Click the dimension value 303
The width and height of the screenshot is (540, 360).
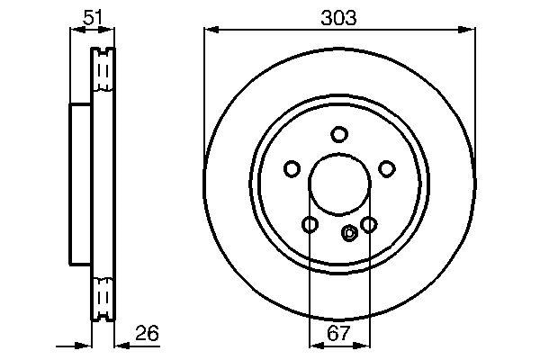[x=338, y=18]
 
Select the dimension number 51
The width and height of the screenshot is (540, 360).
[x=93, y=17]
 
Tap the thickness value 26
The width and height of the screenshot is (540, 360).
[x=147, y=333]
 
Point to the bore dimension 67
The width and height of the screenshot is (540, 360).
[x=338, y=333]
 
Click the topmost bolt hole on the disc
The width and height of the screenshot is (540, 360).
[x=339, y=134]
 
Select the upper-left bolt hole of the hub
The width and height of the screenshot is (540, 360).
[x=292, y=169]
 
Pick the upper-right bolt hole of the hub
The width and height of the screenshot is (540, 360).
[x=387, y=169]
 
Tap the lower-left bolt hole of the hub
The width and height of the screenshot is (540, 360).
[x=310, y=225]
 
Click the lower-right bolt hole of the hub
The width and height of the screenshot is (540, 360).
[x=369, y=225]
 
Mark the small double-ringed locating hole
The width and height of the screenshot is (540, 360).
[x=349, y=233]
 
